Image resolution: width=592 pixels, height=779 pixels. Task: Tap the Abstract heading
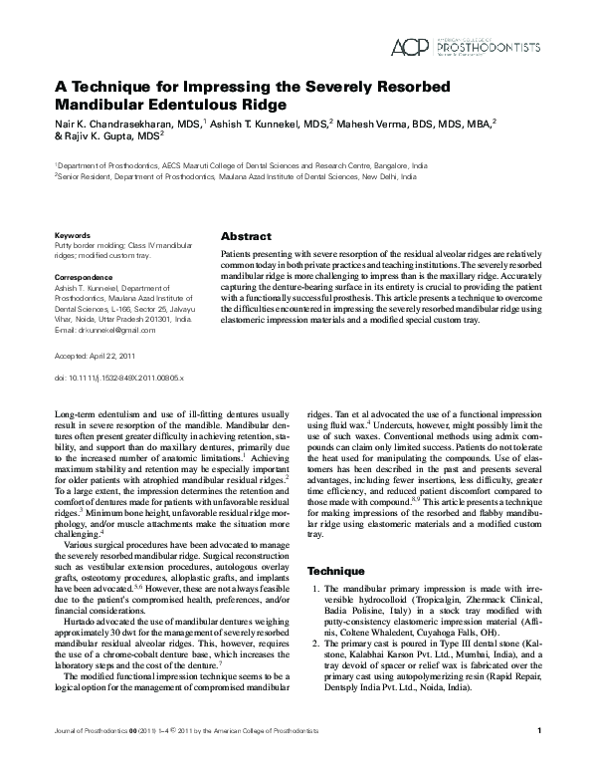coord(245,236)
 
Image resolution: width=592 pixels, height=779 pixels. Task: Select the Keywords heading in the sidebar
coord(73,235)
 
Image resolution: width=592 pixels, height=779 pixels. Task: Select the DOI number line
coord(118,379)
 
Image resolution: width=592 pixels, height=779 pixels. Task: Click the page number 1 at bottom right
coord(538,760)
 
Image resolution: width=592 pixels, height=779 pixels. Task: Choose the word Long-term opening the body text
coord(79,411)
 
